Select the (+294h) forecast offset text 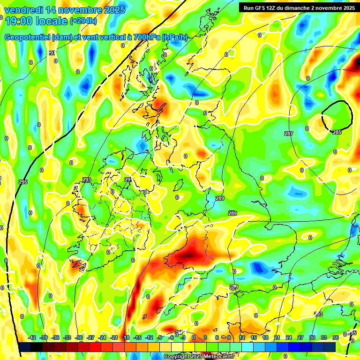tap(83, 21)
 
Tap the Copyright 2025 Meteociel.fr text tap(199, 357)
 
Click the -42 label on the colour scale tap(32, 337)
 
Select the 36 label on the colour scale tap(336, 337)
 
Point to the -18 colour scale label tap(125, 337)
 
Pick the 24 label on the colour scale tap(289, 337)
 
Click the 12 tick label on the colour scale tap(242, 337)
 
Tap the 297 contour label tap(52, 53)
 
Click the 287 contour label tap(289, 134)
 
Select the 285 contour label tap(337, 133)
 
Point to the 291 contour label tap(128, 180)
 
